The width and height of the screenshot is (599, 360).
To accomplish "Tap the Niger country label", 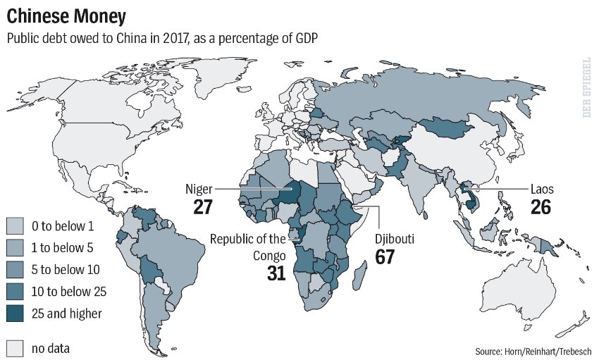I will [x=199, y=190].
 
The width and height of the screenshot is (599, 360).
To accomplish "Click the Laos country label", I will [x=541, y=190].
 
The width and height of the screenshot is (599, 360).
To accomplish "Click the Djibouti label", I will [x=393, y=240].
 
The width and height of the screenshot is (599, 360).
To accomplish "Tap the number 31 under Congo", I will [x=276, y=273].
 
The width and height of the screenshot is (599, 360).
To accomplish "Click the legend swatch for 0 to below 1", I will [x=16, y=225].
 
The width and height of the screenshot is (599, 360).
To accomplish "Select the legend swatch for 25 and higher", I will [x=16, y=313].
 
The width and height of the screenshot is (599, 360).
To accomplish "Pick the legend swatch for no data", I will [x=16, y=347].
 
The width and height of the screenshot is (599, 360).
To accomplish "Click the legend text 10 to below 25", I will [x=68, y=291].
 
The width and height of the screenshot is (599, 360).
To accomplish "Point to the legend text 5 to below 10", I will [x=66, y=269].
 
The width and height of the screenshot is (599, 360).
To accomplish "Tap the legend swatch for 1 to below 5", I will [x=16, y=247].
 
